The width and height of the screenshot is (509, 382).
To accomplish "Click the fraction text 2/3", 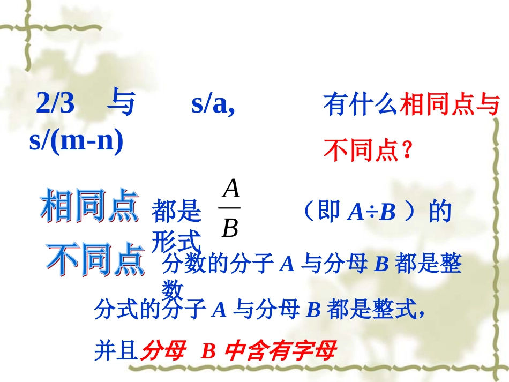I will pos(55,104).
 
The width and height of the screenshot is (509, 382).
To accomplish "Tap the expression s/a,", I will pos(213,104).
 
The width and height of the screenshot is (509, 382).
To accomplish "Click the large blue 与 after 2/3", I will pos(121,103).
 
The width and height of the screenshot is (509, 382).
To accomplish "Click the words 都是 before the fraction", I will pos(176,213).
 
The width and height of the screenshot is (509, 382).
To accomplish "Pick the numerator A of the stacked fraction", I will pos(230,189).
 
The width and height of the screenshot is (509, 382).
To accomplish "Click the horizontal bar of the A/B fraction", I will pos(230,208).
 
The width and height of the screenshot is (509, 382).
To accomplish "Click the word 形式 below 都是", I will pos(176,242).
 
